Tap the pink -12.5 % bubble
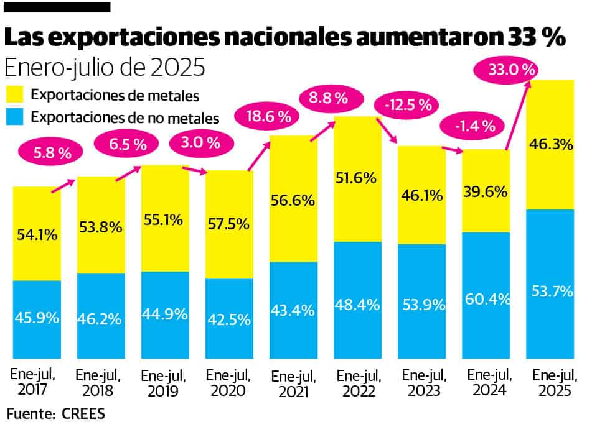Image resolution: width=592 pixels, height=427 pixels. click(408, 105)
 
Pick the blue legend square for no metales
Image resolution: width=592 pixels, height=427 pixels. click(16, 117)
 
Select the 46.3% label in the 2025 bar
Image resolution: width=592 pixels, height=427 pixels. click(550, 145)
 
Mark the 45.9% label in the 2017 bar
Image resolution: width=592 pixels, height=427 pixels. click(37, 318)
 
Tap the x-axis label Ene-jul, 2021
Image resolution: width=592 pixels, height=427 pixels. click(293, 383)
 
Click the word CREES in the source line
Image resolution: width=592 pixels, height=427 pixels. click(84, 413)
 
